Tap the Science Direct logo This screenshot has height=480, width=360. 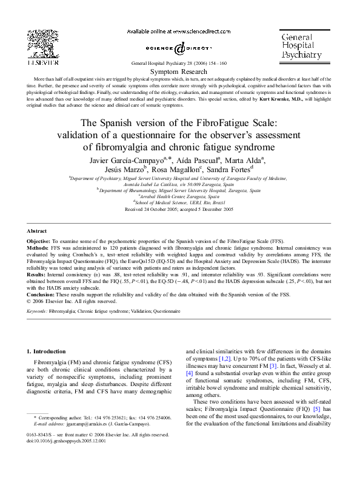coord(179,47)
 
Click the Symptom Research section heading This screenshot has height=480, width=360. coord(179,71)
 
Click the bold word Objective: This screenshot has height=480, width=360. coord(41,241)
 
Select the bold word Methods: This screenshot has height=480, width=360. coord(40,248)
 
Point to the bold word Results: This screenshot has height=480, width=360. coord(39,275)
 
